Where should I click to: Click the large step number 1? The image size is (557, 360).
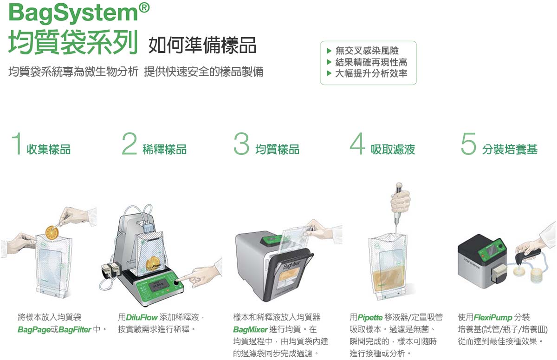tap(18, 144)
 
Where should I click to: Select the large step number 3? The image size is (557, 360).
tap(241, 144)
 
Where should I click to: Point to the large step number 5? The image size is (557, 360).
tap(468, 144)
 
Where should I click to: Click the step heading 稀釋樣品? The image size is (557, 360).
tap(164, 149)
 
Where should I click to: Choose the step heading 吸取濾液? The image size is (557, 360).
tap(393, 149)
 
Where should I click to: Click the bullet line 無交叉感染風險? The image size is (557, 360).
tap(367, 51)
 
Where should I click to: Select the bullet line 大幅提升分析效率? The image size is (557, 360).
tap(371, 73)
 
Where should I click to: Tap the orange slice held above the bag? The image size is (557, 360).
tap(52, 232)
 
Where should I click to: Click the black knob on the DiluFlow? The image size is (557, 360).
tap(176, 283)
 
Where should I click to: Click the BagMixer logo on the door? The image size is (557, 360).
tap(292, 264)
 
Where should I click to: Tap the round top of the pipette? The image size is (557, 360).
tap(399, 185)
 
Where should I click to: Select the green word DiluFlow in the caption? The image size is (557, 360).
tap(142, 317)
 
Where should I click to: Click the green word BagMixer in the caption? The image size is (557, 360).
tap(250, 329)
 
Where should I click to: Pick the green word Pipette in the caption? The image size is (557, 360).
tap(370, 317)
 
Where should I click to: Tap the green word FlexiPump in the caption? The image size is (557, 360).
tap(493, 317)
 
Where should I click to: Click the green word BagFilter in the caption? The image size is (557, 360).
tap(75, 329)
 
